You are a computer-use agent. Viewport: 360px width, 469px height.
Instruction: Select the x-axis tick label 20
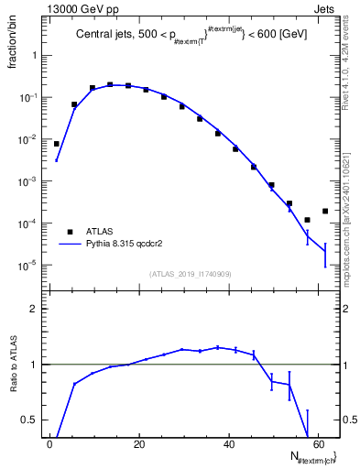click(139, 446)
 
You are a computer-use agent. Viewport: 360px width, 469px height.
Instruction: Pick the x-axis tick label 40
click(229, 446)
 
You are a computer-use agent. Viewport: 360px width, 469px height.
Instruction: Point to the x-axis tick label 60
click(319, 446)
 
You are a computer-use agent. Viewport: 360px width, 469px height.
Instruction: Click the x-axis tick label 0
click(49, 446)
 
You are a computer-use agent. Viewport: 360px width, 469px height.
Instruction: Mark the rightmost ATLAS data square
click(325, 211)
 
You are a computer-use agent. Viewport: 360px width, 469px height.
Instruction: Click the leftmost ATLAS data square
click(56, 144)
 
